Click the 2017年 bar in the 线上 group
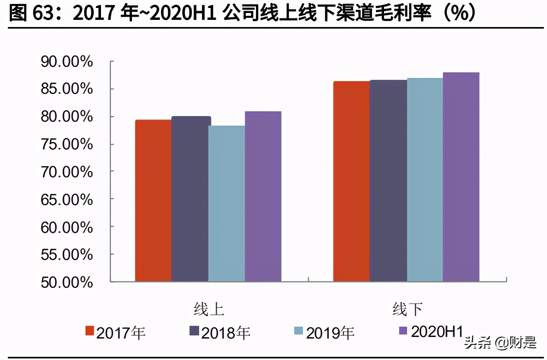(153, 201)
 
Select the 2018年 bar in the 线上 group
(190, 199)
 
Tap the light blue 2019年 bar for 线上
(227, 203)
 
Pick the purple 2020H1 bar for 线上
(263, 196)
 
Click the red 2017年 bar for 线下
(351, 182)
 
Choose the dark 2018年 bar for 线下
(388, 181)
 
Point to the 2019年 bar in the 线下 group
(425, 180)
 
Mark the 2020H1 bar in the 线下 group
(461, 177)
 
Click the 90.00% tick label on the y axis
(66, 62)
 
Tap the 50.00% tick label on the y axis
(66, 282)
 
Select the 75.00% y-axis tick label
(66, 144)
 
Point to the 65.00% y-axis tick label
(66, 199)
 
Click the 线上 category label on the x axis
(209, 309)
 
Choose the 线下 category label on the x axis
(407, 309)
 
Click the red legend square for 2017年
(89, 331)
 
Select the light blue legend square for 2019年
(298, 331)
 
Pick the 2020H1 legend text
(437, 332)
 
